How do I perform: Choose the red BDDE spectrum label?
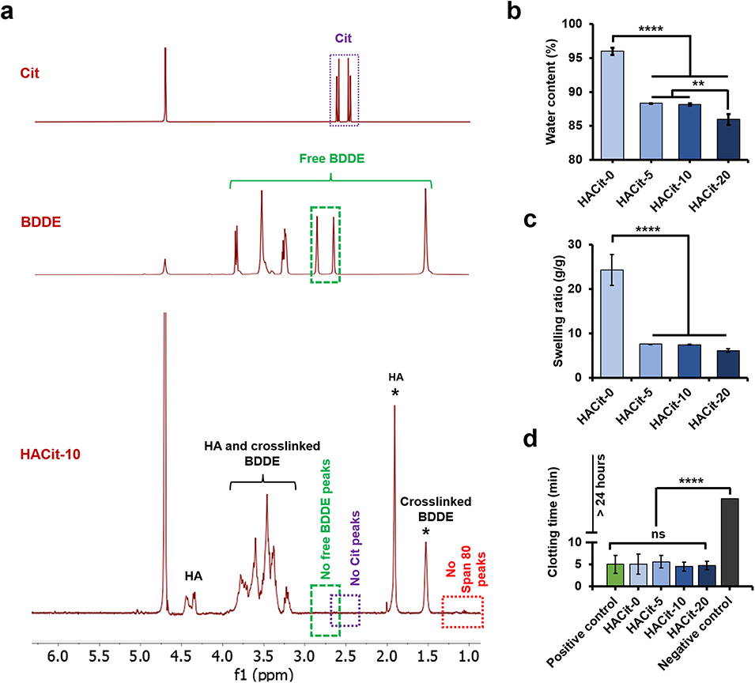coord(55,224)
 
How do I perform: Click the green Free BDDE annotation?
coord(330,158)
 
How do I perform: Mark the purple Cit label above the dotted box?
coord(344,37)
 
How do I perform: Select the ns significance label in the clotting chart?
coord(658,534)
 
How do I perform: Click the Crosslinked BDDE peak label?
coord(425,509)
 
